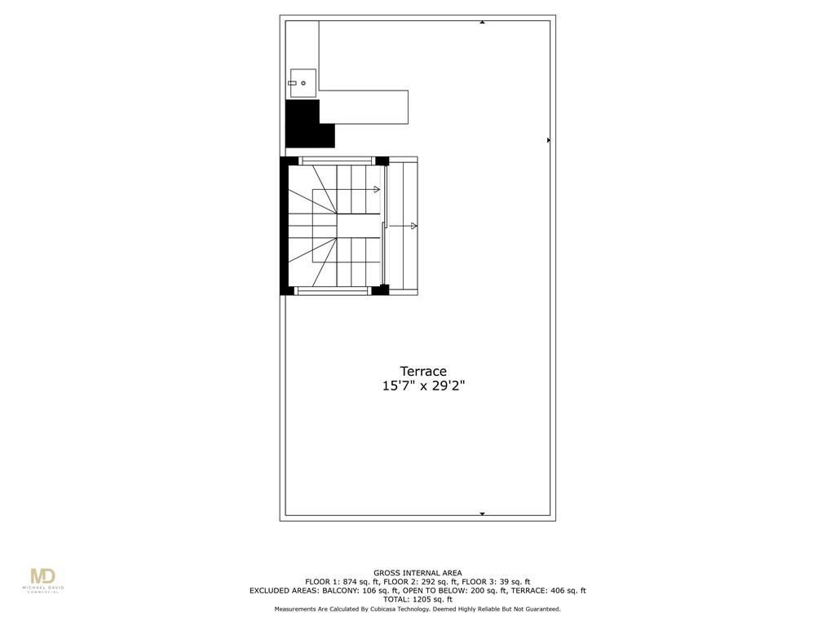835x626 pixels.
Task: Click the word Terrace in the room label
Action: pyautogui.click(x=423, y=371)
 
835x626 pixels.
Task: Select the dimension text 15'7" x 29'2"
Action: pyautogui.click(x=423, y=386)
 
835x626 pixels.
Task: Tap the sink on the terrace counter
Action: pyautogui.click(x=303, y=83)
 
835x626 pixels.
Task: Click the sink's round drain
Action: pyautogui.click(x=303, y=83)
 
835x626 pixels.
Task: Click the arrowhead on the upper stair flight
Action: pyautogui.click(x=377, y=189)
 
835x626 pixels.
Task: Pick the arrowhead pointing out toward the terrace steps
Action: pyautogui.click(x=413, y=227)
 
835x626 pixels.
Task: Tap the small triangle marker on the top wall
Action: pyautogui.click(x=482, y=22)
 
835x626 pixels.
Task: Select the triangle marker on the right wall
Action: pyautogui.click(x=549, y=140)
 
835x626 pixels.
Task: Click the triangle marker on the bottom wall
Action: pyautogui.click(x=482, y=514)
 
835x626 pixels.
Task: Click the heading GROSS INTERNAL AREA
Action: pyautogui.click(x=417, y=573)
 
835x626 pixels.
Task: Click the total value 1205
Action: pyautogui.click(x=422, y=599)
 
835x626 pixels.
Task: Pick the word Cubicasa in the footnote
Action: pyautogui.click(x=385, y=608)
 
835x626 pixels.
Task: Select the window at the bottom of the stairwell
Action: pyautogui.click(x=333, y=291)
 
